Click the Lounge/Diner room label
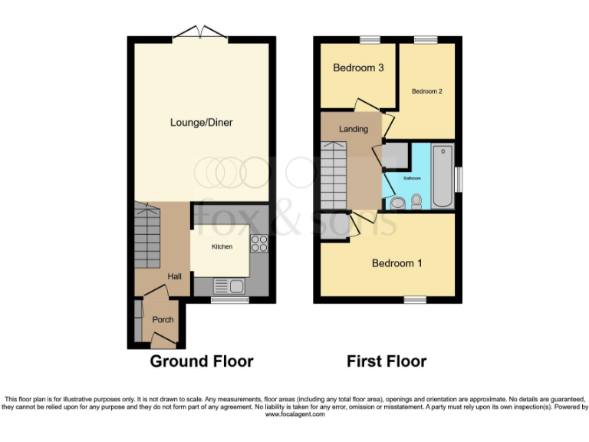(x=202, y=122)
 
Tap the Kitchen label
(x=222, y=246)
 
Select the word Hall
(x=175, y=276)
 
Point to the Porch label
(x=163, y=319)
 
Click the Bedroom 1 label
(x=397, y=263)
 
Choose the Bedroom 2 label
(x=426, y=91)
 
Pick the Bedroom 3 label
(x=358, y=68)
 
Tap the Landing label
(x=354, y=129)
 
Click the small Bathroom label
(x=413, y=178)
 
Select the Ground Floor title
(x=201, y=361)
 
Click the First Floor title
(x=387, y=361)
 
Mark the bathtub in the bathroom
(x=443, y=176)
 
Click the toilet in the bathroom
(x=416, y=201)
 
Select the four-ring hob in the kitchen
(x=258, y=243)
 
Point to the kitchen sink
(x=229, y=287)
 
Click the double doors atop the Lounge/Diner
(x=200, y=33)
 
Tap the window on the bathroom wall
(x=458, y=179)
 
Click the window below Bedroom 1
(x=416, y=299)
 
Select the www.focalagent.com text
(x=294, y=414)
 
